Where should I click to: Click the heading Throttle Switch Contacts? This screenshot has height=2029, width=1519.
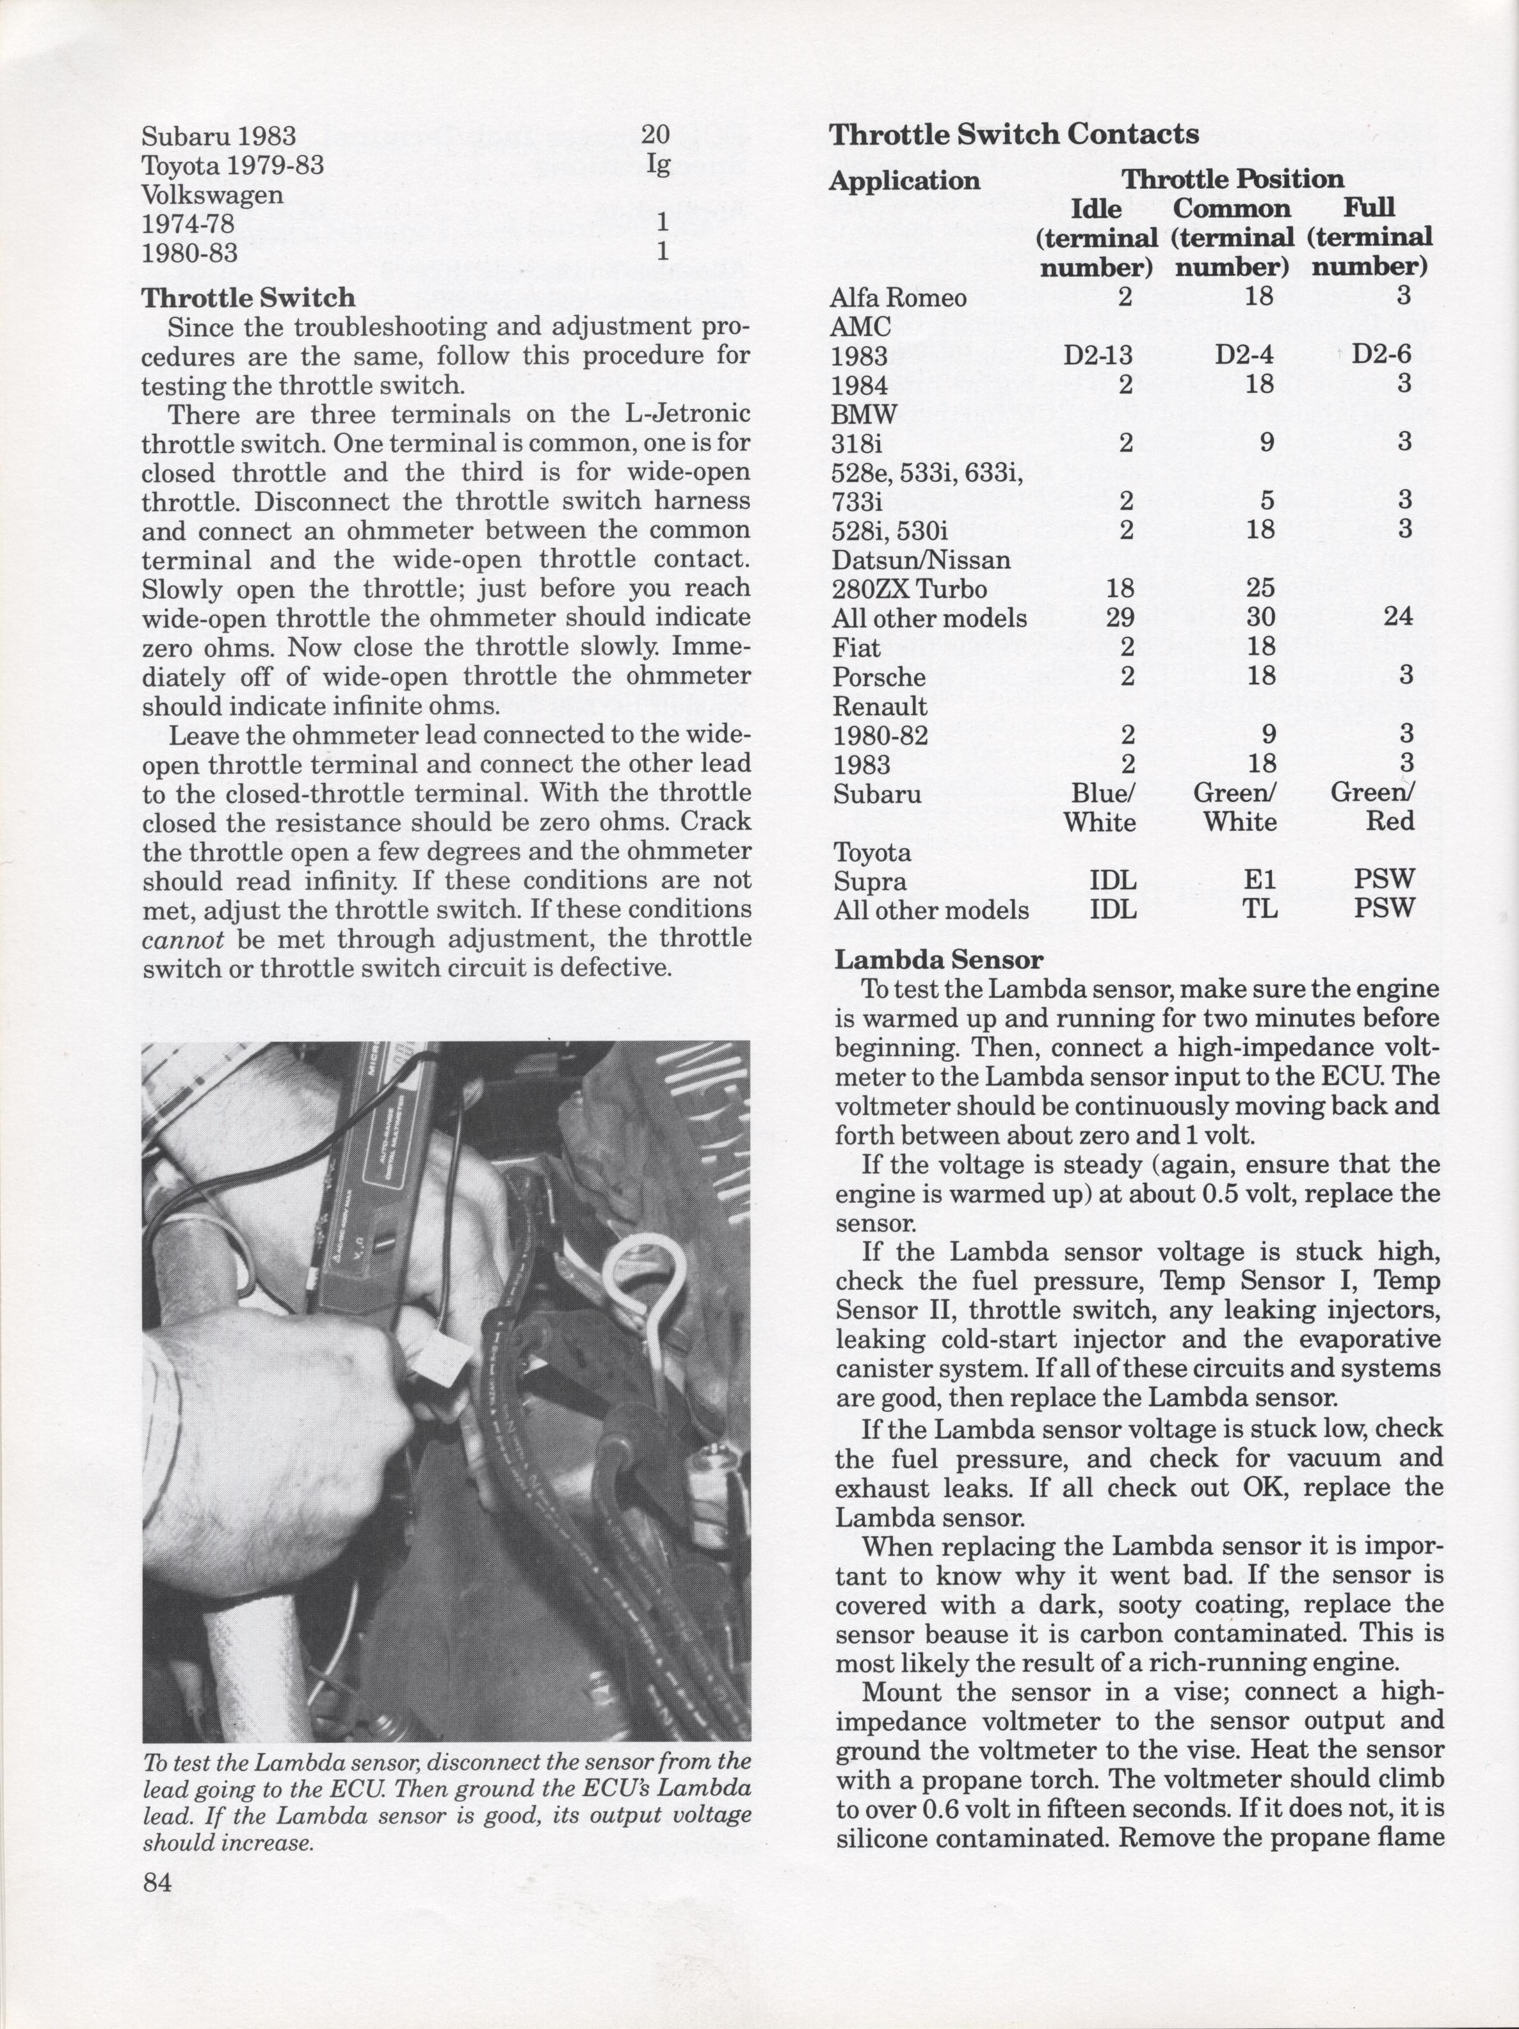click(x=1013, y=135)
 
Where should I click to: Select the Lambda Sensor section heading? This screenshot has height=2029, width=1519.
click(x=938, y=959)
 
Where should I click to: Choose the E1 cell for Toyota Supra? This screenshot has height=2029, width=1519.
click(x=1259, y=881)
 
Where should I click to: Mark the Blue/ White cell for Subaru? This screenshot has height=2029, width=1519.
click(x=1100, y=807)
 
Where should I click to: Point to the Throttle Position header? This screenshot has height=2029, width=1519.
click(x=1233, y=179)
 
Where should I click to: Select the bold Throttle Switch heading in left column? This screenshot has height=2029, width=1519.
click(x=248, y=298)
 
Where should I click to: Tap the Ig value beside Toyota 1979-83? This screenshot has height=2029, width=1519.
click(x=657, y=165)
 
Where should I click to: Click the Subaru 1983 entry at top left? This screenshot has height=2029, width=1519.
click(x=218, y=137)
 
